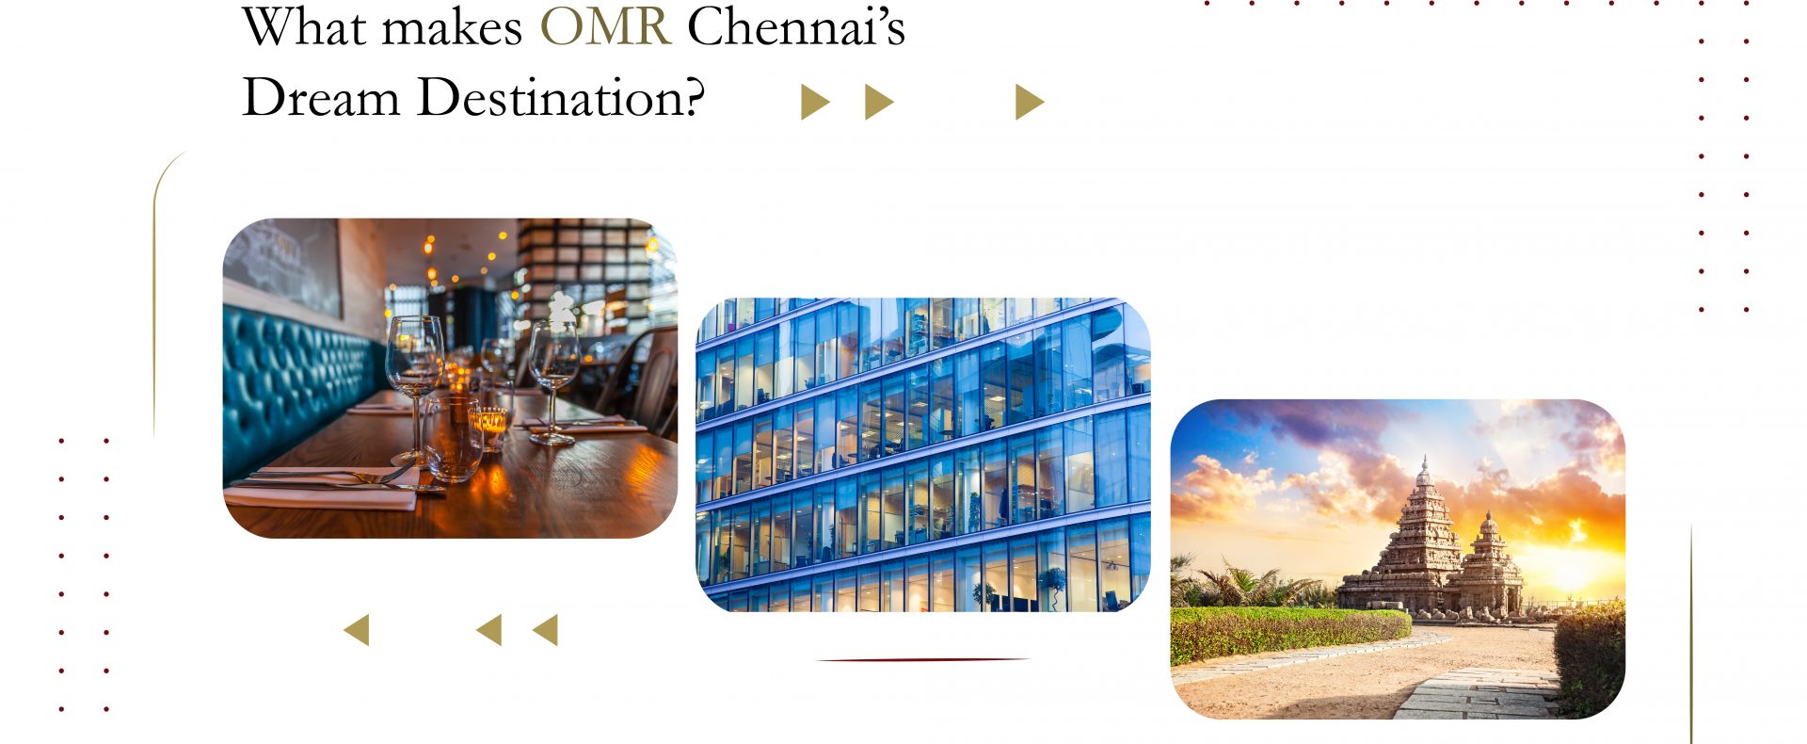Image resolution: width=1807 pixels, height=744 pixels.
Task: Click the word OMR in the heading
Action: tap(605, 26)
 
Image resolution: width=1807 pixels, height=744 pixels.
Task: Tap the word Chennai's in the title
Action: tap(796, 26)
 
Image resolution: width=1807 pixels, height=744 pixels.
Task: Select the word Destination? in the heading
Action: tap(561, 98)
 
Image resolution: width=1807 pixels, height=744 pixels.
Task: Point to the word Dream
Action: tap(321, 98)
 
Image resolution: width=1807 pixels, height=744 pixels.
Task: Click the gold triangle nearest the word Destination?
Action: tap(815, 102)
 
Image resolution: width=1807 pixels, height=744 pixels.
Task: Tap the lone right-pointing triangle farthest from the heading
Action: tap(1030, 102)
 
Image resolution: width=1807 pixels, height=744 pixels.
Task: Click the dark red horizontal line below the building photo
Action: tap(922, 659)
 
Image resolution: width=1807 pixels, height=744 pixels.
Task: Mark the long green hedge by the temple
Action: tap(1289, 633)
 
